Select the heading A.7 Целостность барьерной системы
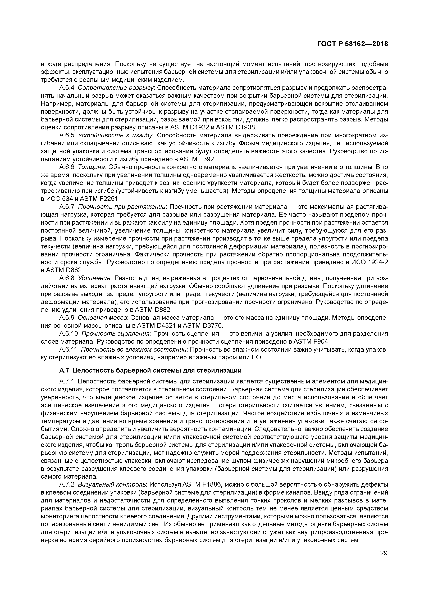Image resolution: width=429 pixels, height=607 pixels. [x=150, y=370]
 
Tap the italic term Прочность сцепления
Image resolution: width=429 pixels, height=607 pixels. [x=116, y=334]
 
